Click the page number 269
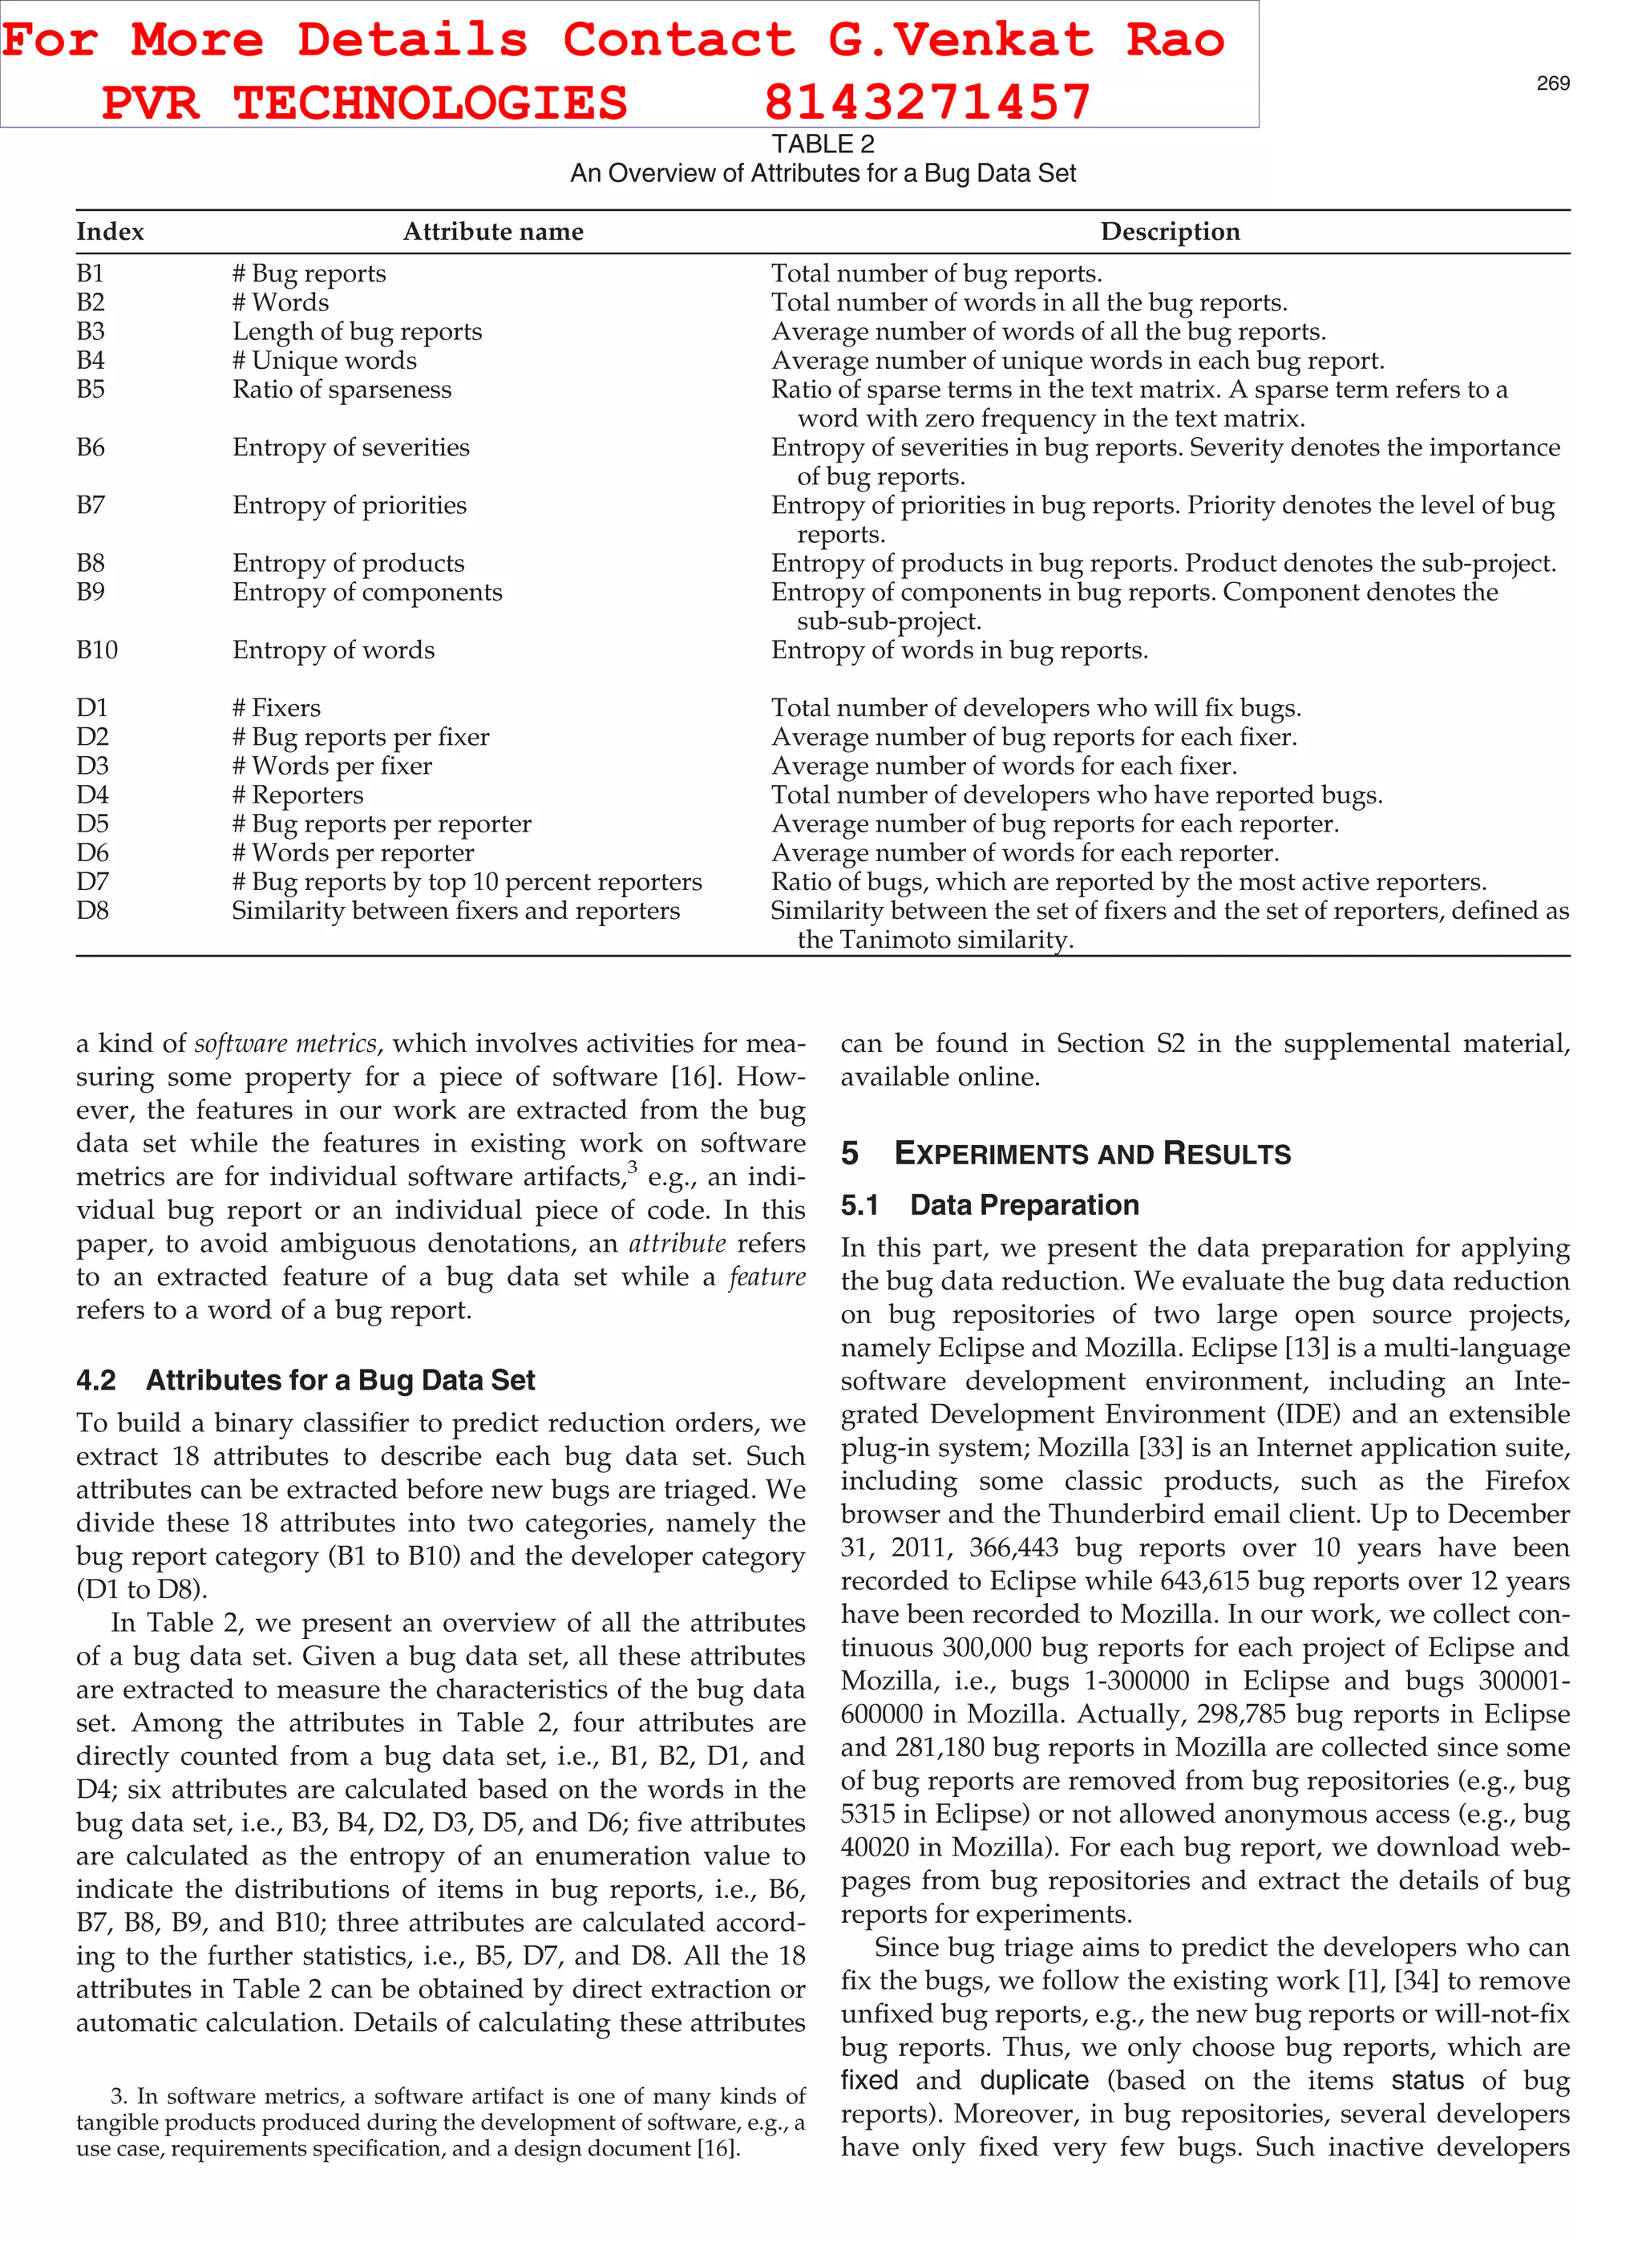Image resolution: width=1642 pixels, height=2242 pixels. click(x=1552, y=83)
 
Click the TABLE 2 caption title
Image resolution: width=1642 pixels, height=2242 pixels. click(x=822, y=144)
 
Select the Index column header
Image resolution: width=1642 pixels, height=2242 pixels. click(x=109, y=232)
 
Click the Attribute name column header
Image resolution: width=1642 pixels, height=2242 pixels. click(x=493, y=232)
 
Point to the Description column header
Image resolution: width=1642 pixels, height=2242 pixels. click(x=1170, y=232)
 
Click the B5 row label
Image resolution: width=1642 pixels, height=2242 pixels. click(x=91, y=389)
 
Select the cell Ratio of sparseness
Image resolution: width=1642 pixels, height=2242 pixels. click(x=341, y=389)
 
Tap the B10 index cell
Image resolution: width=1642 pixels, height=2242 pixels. click(x=96, y=650)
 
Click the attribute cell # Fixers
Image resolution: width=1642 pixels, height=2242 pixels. click(x=277, y=707)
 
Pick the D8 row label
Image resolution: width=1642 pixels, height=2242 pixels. click(x=92, y=910)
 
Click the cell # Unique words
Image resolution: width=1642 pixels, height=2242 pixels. click(x=324, y=360)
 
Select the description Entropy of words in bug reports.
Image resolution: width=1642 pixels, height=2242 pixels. click(x=959, y=650)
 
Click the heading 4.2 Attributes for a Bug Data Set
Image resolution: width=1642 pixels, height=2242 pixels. click(x=305, y=1379)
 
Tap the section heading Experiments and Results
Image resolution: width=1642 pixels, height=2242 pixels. click(x=1091, y=1154)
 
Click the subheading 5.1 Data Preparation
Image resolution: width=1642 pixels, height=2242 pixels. click(x=989, y=1204)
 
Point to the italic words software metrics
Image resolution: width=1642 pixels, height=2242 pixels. click(x=285, y=1043)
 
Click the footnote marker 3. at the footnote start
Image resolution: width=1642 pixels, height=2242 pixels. click(x=119, y=2097)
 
